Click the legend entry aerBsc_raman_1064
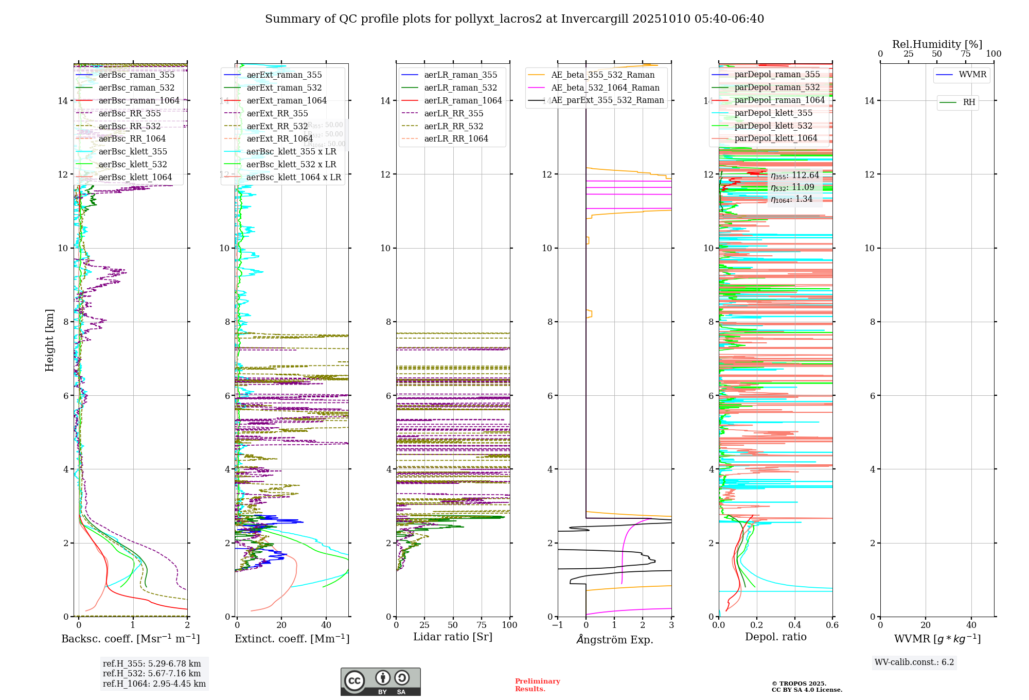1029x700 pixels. pyautogui.click(x=139, y=101)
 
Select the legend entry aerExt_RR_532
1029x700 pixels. pyautogui.click(x=277, y=126)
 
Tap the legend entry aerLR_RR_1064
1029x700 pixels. pyautogui.click(x=456, y=139)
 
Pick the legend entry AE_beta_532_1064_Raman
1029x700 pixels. pyautogui.click(x=605, y=87)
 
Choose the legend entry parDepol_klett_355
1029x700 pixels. pyautogui.click(x=773, y=113)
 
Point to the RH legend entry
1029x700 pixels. pyautogui.click(x=969, y=102)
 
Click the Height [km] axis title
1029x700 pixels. pyautogui.click(x=49, y=340)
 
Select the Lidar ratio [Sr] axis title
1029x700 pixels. pyautogui.click(x=453, y=637)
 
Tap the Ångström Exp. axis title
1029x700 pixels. pyautogui.click(x=614, y=640)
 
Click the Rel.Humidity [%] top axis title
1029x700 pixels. pyautogui.click(x=937, y=44)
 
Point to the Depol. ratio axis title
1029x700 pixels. pyautogui.click(x=775, y=637)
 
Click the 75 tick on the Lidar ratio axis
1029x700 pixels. pyautogui.click(x=482, y=625)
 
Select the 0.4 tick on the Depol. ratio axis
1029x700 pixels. pyautogui.click(x=794, y=625)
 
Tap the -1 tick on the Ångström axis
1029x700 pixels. pyautogui.click(x=557, y=625)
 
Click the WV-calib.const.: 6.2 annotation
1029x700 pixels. pyautogui.click(x=914, y=662)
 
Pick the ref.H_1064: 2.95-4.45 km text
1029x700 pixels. pyautogui.click(x=154, y=684)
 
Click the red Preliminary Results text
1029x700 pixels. pyautogui.click(x=537, y=685)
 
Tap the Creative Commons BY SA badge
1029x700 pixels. pyautogui.click(x=380, y=682)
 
